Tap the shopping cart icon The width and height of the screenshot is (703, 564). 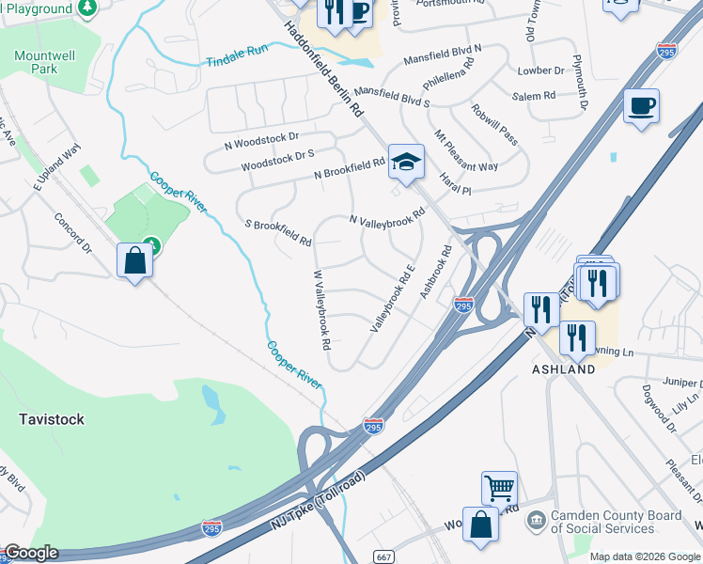point(499,488)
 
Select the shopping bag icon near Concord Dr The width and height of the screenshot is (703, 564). point(135,260)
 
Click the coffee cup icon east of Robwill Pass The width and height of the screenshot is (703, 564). point(641,106)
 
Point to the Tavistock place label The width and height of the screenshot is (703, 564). point(52,418)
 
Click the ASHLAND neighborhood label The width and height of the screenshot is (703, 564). point(564,369)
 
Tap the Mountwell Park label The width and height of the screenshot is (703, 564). point(38,62)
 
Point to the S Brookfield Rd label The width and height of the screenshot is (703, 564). point(277,233)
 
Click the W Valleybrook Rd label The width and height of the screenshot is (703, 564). point(321,309)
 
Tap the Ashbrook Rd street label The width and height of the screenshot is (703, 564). point(437,273)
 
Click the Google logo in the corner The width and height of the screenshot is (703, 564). point(31,553)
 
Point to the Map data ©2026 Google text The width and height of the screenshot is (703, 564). point(644,556)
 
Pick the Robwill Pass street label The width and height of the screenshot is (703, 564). point(494,124)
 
